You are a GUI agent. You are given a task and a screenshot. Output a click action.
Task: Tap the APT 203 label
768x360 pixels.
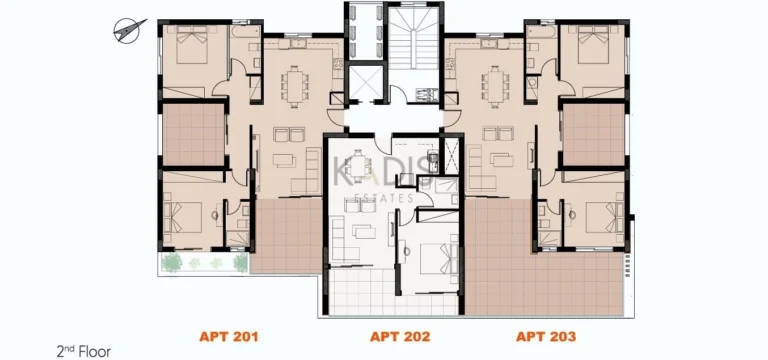[547, 337]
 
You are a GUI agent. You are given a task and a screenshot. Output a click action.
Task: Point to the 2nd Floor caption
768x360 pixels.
[83, 351]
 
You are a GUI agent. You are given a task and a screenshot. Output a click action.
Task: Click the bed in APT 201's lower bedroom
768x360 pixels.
[188, 212]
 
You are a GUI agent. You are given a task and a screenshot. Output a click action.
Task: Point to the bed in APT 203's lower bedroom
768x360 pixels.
[598, 212]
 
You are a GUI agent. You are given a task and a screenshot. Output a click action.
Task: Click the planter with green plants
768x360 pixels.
[204, 262]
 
